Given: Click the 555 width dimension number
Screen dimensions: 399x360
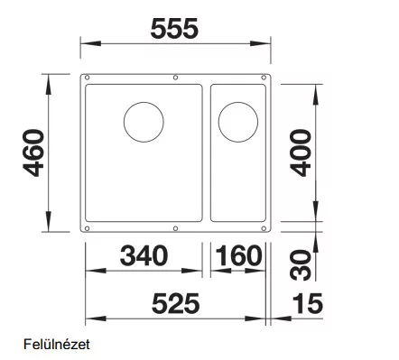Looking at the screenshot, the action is (x=174, y=29).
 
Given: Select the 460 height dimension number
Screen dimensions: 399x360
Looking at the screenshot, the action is (x=33, y=152).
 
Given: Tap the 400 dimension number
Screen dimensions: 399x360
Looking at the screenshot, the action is (x=301, y=152).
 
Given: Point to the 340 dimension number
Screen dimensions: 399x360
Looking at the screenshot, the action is (x=144, y=255).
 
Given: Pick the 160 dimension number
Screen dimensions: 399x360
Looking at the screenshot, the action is (x=238, y=255).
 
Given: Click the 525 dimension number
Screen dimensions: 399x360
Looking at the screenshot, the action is (x=176, y=303).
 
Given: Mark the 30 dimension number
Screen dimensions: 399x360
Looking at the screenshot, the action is (x=301, y=265).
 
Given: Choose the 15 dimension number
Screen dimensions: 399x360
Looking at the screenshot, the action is (x=308, y=303).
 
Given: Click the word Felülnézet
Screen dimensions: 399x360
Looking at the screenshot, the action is (x=57, y=345).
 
